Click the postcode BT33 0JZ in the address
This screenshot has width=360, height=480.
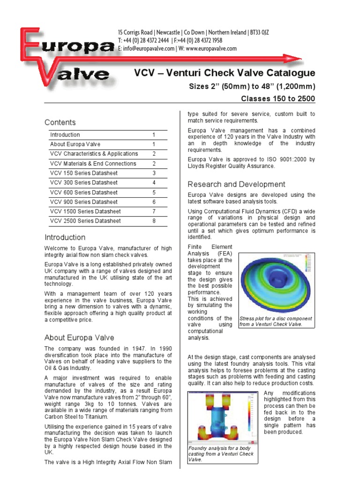point(258,32)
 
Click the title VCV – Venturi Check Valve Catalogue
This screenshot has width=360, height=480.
point(225,73)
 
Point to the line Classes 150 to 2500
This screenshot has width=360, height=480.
point(278,98)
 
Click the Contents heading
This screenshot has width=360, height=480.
point(60,122)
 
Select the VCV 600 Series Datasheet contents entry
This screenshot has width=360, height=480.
point(84,192)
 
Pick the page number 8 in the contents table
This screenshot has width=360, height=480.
point(153,221)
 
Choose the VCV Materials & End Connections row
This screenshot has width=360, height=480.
point(93,164)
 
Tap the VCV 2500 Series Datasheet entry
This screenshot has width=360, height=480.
point(85,221)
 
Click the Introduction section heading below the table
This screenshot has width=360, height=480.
point(65,237)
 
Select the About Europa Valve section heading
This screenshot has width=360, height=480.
point(79,337)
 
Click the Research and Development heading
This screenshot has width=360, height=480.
point(236,184)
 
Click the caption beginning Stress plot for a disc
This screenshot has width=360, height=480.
point(276,321)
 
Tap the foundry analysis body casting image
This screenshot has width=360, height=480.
point(223,418)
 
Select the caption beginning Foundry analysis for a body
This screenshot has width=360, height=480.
point(221,454)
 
